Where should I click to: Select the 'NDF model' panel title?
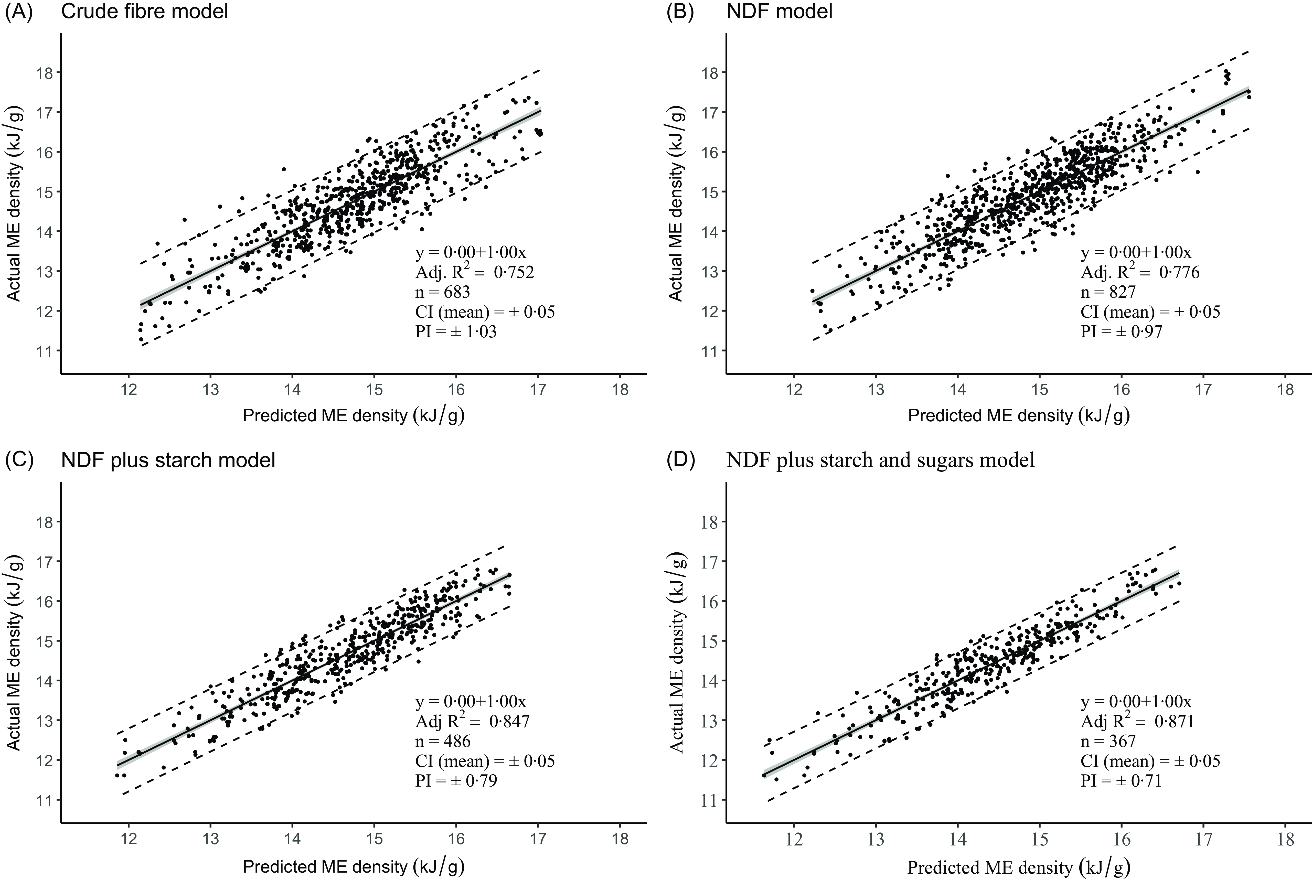pos(779,11)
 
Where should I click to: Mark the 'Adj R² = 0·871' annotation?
pos(1137,721)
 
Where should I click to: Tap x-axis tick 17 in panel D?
pos(1204,839)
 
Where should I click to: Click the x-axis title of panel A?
pos(353,415)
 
